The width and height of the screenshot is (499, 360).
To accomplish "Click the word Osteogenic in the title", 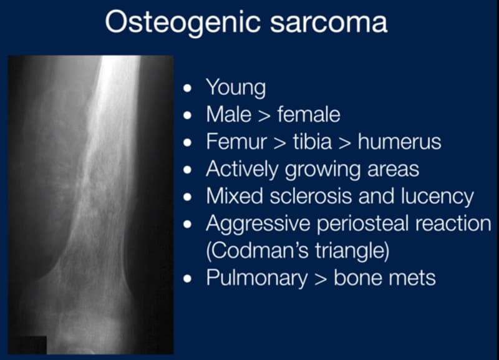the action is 183,22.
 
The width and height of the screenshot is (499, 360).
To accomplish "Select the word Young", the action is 236,88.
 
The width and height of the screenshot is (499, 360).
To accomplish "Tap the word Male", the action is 228,114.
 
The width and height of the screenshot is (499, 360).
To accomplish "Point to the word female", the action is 309,114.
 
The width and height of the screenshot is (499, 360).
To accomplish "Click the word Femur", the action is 236,142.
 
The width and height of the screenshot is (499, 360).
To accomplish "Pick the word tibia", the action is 312,142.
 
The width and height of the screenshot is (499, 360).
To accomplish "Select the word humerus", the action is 399,142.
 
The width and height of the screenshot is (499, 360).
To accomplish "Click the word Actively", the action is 242,169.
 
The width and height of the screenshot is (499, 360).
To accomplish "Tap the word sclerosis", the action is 311,196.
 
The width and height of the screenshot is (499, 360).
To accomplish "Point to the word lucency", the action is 437,197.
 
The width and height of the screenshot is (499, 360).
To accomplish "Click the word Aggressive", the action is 258,224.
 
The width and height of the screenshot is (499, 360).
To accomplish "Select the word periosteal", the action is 363,224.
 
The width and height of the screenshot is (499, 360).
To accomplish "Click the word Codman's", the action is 258,251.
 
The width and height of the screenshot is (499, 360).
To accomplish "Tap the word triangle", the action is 352,251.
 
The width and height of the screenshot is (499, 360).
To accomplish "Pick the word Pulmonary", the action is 257,278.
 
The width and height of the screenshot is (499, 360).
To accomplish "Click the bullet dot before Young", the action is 188,88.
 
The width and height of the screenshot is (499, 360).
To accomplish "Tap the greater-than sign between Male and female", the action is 264,115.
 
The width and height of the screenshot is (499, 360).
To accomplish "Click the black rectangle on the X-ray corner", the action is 27,345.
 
